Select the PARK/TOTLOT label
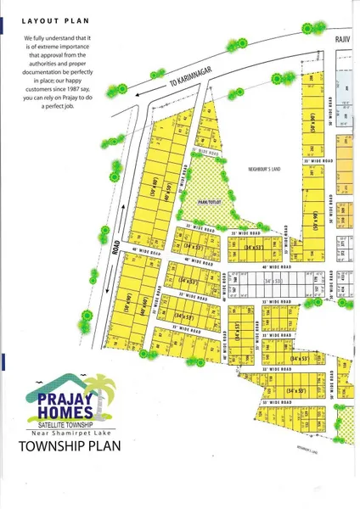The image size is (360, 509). click(x=209, y=202)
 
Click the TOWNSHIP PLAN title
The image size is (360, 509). click(x=63, y=446)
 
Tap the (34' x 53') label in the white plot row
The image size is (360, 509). click(x=273, y=280)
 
